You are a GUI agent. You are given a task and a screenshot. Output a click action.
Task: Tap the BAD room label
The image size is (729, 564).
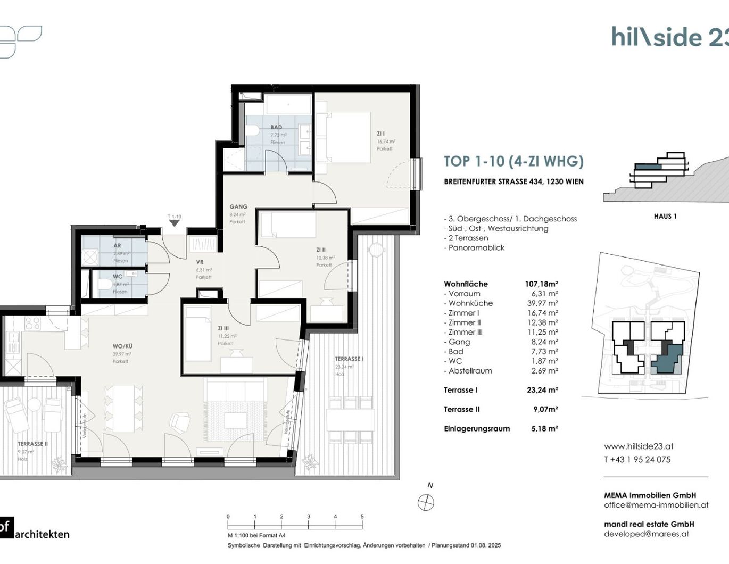[276, 127]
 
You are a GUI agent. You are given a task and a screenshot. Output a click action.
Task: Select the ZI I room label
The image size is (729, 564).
[380, 134]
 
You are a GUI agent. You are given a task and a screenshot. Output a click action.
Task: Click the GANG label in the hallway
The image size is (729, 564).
[238, 206]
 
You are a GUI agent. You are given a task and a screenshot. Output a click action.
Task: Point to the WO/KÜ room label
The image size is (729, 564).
[122, 346]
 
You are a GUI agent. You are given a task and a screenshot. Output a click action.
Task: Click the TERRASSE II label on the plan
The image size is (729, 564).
[32, 444]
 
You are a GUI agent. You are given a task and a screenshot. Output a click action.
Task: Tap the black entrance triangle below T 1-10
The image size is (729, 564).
[174, 223]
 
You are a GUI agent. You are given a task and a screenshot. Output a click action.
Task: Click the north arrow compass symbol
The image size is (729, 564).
[426, 502]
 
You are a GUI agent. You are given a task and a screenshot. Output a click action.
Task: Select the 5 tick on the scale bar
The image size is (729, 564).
[362, 517]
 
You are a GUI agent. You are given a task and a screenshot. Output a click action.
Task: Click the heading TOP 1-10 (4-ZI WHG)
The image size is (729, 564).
[513, 161]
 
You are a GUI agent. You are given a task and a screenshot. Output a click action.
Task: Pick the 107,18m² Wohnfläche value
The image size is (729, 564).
[541, 284]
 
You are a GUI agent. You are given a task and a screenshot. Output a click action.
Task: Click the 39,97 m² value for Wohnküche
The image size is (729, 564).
[542, 303]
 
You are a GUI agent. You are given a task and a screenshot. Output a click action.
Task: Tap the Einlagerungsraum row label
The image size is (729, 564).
[477, 429]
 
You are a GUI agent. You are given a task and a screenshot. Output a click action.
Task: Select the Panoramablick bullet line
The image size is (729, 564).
[476, 248]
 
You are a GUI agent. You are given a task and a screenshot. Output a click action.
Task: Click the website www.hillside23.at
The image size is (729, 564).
[639, 446]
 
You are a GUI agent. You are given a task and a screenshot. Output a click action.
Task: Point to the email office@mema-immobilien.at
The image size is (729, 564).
[656, 505]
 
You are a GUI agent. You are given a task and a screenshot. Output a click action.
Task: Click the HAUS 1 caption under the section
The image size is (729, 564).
[665, 217]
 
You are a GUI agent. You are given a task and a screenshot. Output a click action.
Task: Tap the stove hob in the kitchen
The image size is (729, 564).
[32, 323]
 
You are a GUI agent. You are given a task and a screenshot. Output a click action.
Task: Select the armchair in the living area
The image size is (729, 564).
[180, 423]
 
